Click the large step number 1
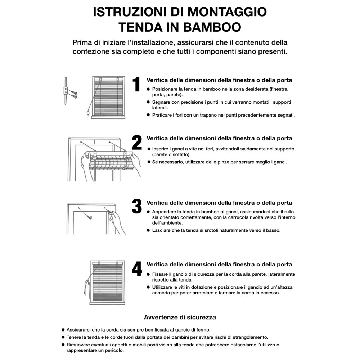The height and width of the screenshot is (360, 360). pos(136,85)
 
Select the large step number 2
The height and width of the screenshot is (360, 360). pos(137,143)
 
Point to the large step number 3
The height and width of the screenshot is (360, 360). pos(137,206)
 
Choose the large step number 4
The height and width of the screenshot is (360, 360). pos(137,269)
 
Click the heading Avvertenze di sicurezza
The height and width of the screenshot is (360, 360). pos(180,317)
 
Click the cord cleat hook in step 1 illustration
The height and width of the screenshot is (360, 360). pos(66,90)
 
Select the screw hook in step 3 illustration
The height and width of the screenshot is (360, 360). pos(90,215)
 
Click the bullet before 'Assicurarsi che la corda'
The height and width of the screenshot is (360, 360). pos(63,329)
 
